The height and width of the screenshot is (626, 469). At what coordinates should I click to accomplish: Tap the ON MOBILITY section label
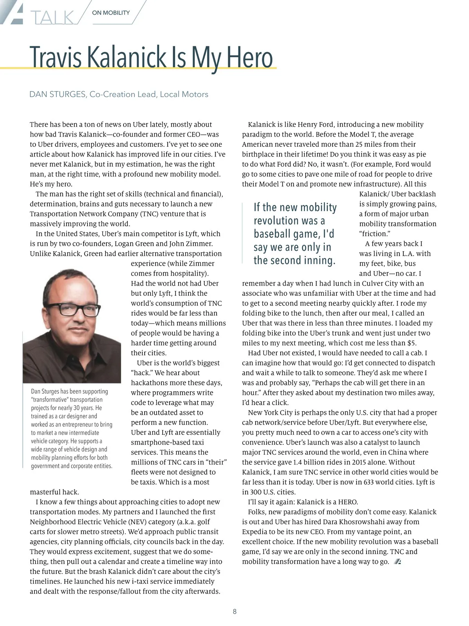click(x=111, y=13)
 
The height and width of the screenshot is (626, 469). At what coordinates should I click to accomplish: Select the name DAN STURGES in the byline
click(x=57, y=94)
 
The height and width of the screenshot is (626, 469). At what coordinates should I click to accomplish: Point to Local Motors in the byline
click(x=184, y=94)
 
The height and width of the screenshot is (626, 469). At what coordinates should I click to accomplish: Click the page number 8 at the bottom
click(x=234, y=612)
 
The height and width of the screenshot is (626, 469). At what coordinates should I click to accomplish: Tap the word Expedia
click(x=256, y=532)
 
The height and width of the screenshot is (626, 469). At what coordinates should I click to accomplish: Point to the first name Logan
click(x=125, y=244)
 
